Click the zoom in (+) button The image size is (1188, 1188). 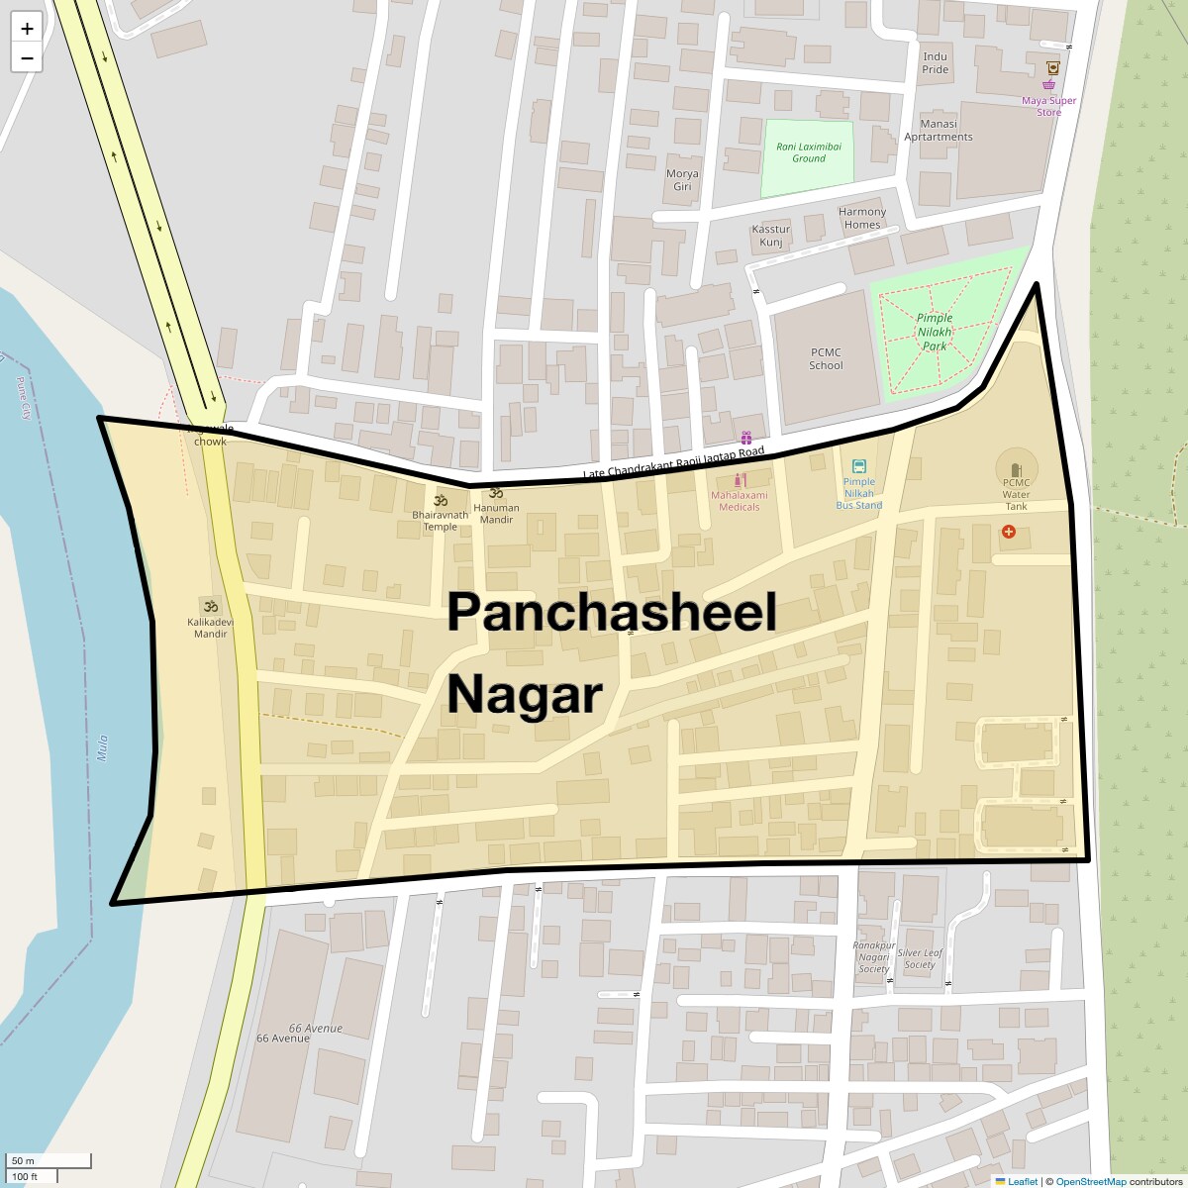point(27,28)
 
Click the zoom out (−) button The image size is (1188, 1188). point(27,58)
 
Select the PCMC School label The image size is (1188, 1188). point(826,358)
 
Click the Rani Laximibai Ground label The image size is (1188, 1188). point(808,151)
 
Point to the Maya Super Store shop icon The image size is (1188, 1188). point(1048,85)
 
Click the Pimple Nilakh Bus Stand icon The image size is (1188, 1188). point(858,466)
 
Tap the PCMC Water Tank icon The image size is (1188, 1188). point(1015,469)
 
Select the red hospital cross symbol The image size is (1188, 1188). point(1009,533)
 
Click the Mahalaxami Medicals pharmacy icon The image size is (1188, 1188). point(739,480)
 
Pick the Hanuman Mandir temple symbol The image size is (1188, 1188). point(496,493)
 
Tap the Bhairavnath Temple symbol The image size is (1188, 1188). point(441,500)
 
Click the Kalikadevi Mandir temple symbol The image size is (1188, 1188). point(210,606)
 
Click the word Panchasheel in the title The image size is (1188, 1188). point(611,612)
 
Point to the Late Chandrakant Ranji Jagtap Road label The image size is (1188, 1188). point(674,463)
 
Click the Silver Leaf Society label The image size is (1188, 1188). point(920,958)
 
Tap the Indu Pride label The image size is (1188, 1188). point(935,63)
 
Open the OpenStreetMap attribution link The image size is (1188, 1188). point(1090,1181)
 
